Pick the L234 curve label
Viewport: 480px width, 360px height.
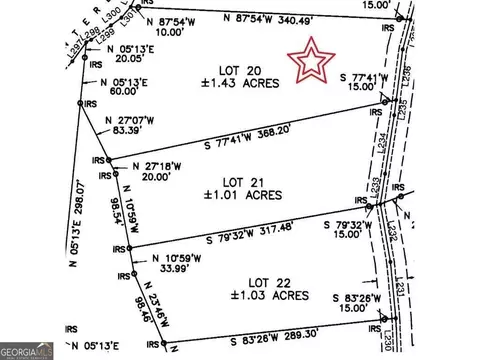(383, 146)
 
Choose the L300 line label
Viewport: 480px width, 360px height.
(90, 17)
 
